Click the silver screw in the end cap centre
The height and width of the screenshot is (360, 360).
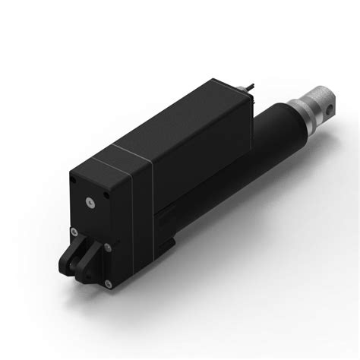[x=90, y=201]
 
